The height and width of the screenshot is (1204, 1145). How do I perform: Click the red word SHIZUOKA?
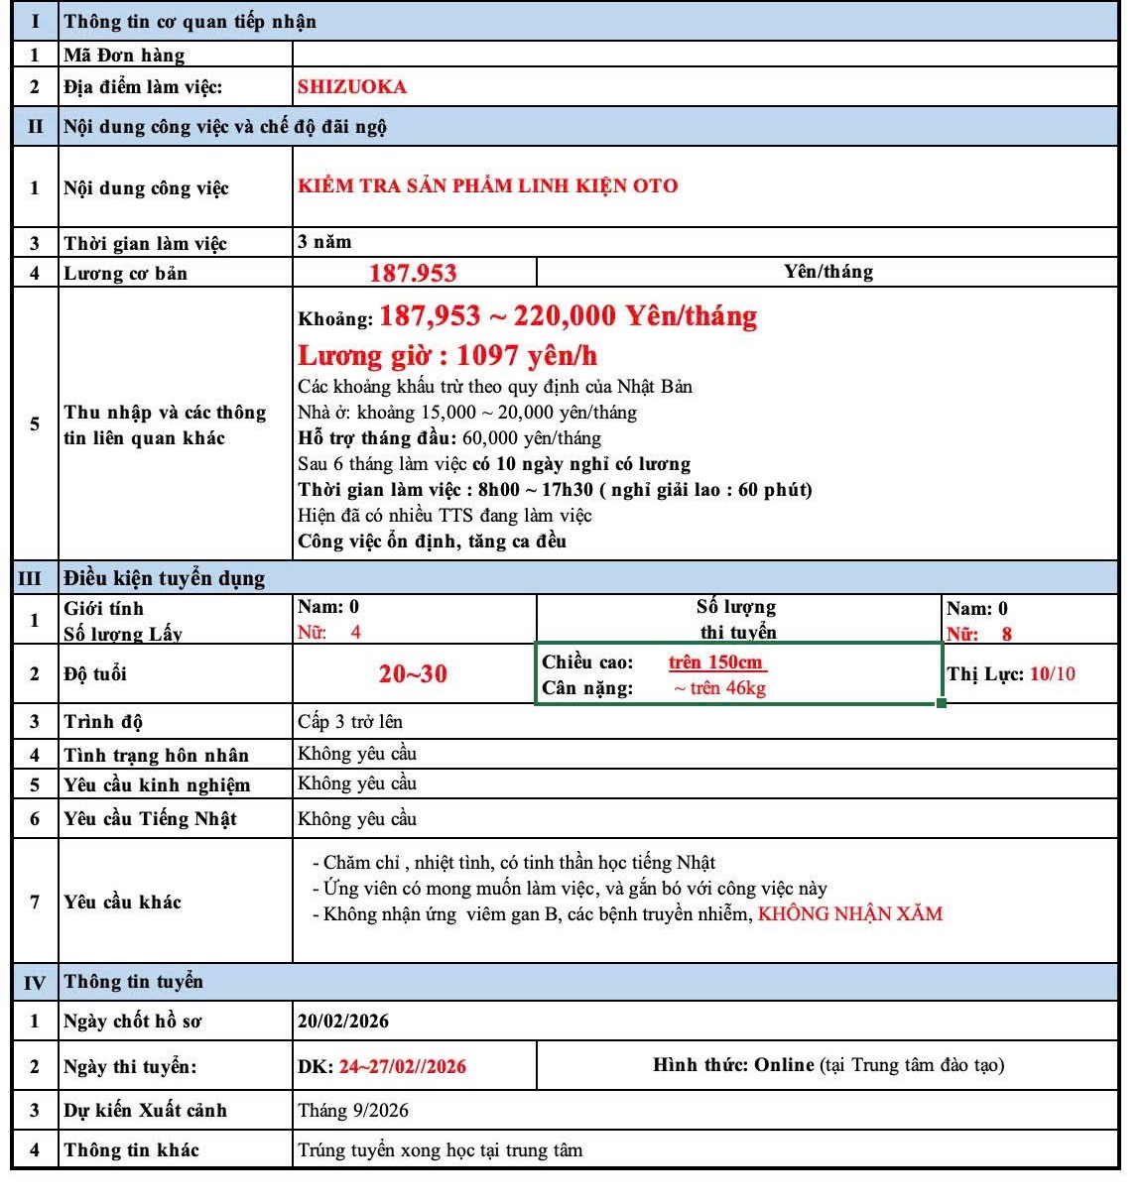pyautogui.click(x=352, y=86)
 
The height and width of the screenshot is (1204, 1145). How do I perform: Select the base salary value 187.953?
pyautogui.click(x=413, y=273)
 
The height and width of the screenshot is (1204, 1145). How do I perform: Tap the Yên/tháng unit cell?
pyautogui.click(x=827, y=272)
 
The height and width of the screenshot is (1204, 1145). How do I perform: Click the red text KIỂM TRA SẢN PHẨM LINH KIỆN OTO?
pyautogui.click(x=487, y=185)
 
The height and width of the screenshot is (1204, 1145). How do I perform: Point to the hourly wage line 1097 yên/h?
pyautogui.click(x=447, y=356)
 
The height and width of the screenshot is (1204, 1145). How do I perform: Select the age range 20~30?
pyautogui.click(x=413, y=674)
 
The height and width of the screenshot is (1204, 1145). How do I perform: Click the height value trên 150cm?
pyautogui.click(x=715, y=662)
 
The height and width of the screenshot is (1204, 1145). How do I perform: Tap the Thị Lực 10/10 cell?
pyautogui.click(x=1011, y=674)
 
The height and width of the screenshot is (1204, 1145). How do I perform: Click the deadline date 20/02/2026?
pyautogui.click(x=343, y=1022)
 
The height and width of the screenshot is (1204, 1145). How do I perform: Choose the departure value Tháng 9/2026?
pyautogui.click(x=353, y=1111)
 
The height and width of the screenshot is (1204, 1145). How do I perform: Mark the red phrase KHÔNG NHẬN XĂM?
pyautogui.click(x=850, y=914)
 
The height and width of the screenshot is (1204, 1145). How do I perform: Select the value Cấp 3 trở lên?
pyautogui.click(x=350, y=722)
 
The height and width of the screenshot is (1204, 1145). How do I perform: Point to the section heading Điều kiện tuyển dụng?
pyautogui.click(x=165, y=578)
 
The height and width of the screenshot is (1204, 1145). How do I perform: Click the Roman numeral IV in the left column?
pyautogui.click(x=34, y=983)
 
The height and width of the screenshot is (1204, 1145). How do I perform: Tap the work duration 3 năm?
pyautogui.click(x=324, y=242)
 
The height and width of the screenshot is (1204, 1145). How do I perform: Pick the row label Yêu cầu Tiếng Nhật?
pyautogui.click(x=150, y=819)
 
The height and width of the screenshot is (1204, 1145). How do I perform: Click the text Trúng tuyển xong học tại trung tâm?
pyautogui.click(x=441, y=1150)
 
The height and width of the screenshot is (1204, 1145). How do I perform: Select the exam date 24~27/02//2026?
pyautogui.click(x=402, y=1067)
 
